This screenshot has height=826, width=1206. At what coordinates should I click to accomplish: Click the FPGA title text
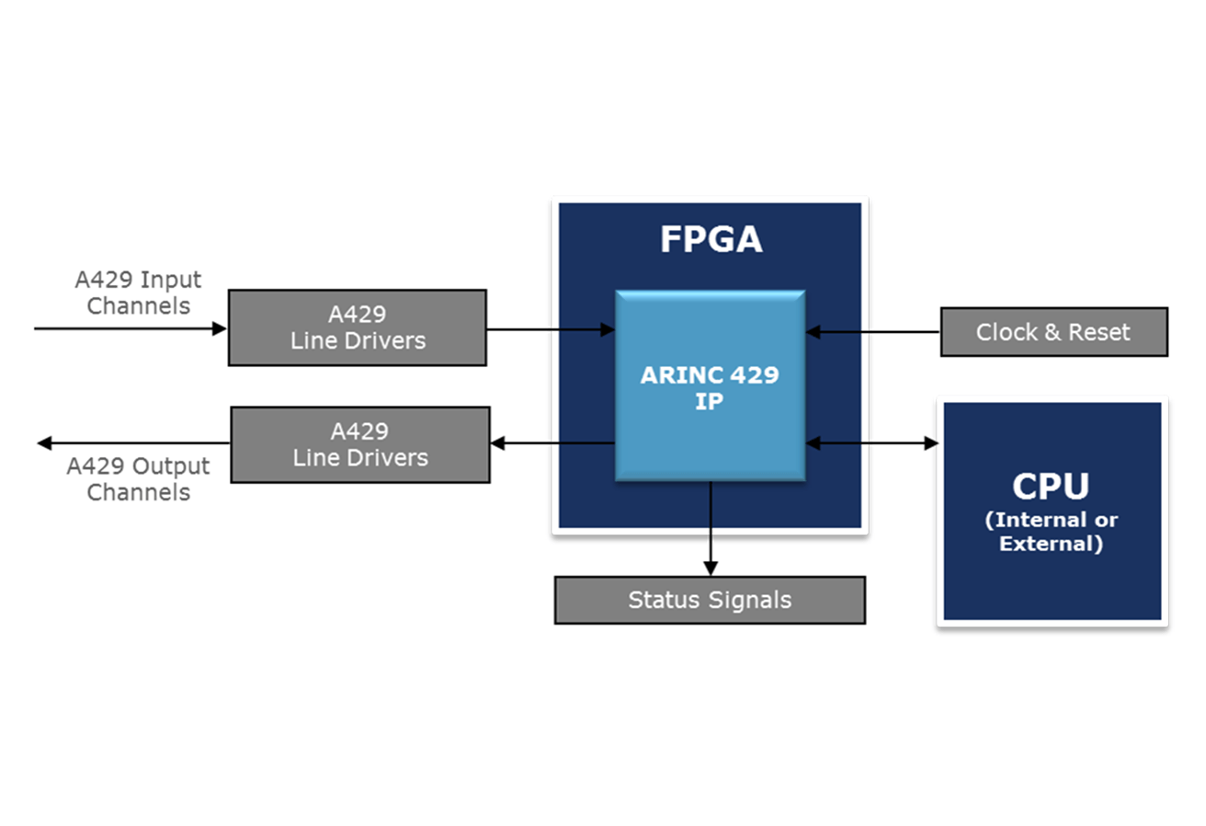click(x=711, y=239)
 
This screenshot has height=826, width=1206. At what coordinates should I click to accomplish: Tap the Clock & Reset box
click(x=1053, y=332)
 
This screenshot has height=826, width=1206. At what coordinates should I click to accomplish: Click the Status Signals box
click(x=710, y=601)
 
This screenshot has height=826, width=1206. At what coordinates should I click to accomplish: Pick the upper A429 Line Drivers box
click(x=358, y=327)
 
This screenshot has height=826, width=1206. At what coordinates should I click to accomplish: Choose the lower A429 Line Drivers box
click(x=359, y=444)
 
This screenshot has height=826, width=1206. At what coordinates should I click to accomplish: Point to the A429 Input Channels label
click(x=139, y=293)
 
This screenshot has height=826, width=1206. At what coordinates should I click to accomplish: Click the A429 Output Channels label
click(x=139, y=479)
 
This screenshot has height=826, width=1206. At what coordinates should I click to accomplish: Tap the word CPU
click(x=1051, y=487)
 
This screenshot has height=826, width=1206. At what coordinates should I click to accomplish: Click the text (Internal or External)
click(x=1051, y=532)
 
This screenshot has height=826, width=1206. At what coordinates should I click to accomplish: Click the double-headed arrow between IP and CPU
click(x=871, y=443)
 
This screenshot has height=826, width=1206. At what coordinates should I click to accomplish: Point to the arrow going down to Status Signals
click(x=710, y=529)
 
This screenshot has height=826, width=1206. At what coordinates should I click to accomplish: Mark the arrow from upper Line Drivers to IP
click(x=551, y=328)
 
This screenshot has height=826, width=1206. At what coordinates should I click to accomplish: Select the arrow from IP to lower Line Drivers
click(x=552, y=443)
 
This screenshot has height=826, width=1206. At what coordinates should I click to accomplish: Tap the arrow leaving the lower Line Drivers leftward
click(x=133, y=443)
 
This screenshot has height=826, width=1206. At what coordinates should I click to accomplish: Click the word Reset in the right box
click(x=1099, y=332)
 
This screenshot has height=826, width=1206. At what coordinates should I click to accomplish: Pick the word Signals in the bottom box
click(x=750, y=601)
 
